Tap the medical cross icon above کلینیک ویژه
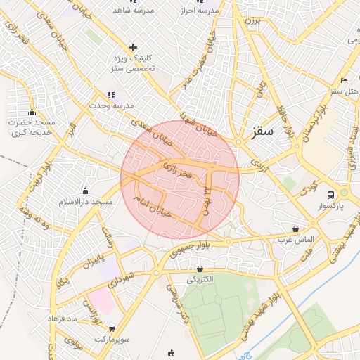tap(133, 47)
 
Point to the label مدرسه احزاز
tap(202, 11)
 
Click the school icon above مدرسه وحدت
tap(110, 94)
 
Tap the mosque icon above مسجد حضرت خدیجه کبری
tap(32, 112)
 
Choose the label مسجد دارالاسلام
tap(86, 202)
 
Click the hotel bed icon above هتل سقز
tap(343, 81)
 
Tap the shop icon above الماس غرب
tap(295, 229)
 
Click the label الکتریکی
tap(200, 279)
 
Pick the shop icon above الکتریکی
tap(200, 269)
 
